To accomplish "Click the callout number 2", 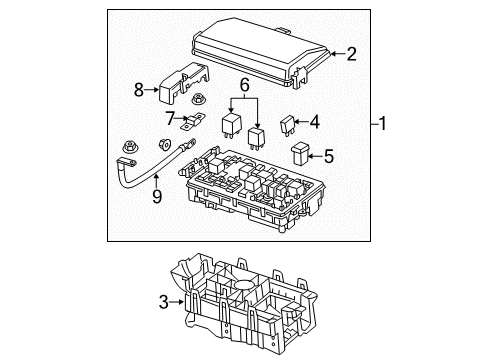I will [x=351, y=55].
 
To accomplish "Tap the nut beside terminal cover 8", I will [x=198, y=100].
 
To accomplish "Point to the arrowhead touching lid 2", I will [x=334, y=55].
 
